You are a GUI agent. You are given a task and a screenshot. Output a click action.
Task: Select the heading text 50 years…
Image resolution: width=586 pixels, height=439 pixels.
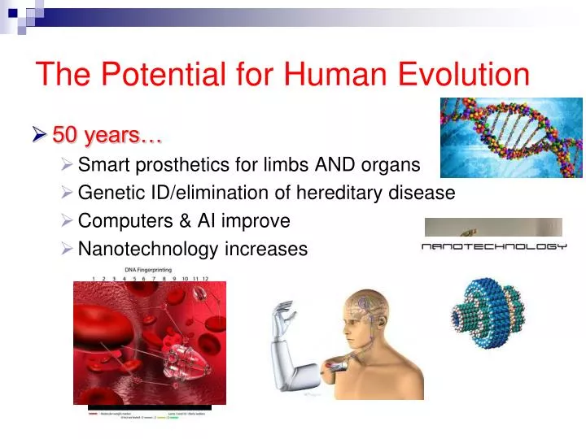[x=107, y=133]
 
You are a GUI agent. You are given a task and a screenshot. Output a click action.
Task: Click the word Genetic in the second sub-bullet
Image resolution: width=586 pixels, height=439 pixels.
[x=107, y=193]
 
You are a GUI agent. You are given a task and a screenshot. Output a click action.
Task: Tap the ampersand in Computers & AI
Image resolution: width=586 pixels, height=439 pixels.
[x=172, y=220]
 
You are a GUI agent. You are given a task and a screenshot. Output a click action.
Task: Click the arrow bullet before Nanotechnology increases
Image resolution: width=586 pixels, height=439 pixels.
[x=68, y=248]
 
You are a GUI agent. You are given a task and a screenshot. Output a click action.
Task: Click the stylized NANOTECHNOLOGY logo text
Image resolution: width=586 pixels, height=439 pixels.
[x=493, y=246]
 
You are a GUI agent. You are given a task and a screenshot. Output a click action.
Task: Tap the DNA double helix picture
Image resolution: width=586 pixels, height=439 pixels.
[x=511, y=137]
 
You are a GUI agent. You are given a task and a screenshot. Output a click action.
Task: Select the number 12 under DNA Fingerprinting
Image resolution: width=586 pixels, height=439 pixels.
[x=205, y=278]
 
